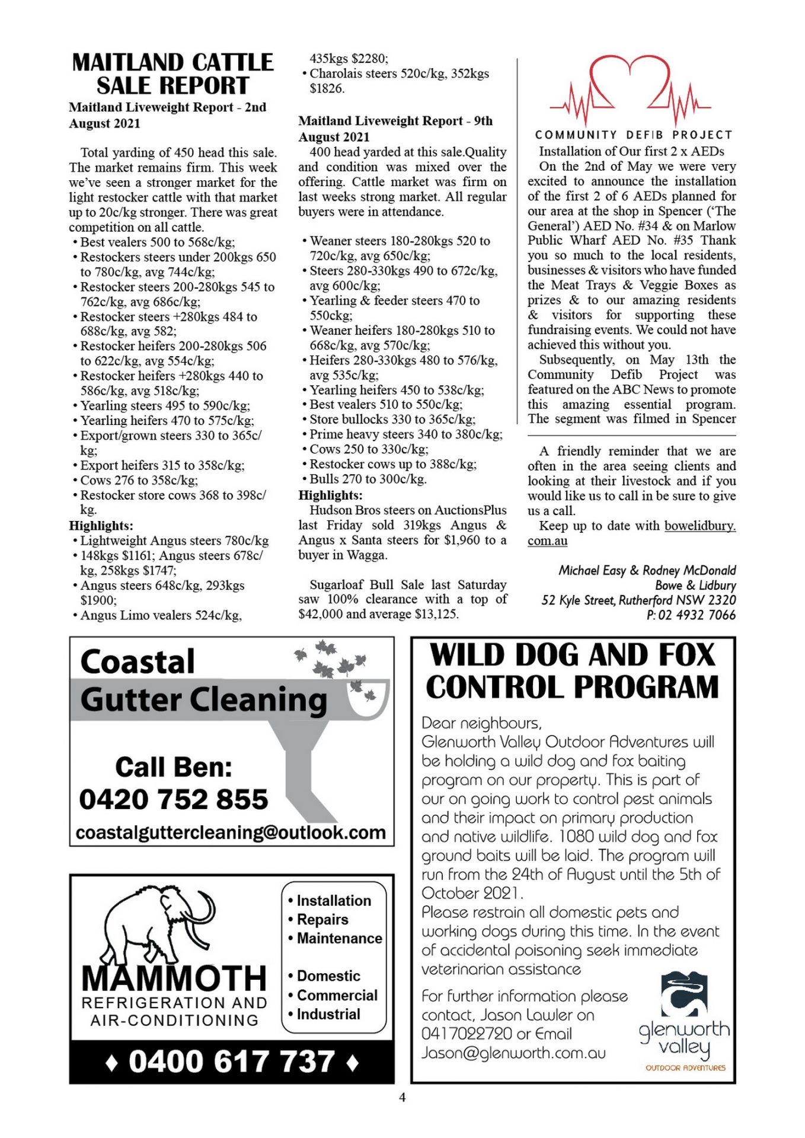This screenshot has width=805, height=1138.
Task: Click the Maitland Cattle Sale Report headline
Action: click(172, 73)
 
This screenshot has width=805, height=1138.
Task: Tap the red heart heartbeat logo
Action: click(630, 89)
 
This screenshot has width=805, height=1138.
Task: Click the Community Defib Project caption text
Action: click(633, 135)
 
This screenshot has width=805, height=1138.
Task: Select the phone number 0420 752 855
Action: click(173, 799)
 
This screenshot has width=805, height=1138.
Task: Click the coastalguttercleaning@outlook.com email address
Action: click(231, 832)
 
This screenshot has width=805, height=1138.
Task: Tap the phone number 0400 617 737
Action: click(232, 1062)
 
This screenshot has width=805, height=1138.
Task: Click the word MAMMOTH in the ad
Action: click(174, 978)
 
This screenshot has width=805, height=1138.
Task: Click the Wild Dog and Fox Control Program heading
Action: click(572, 671)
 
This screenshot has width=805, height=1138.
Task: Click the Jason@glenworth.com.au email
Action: click(513, 1053)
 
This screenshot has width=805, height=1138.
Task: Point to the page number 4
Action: click(402, 1097)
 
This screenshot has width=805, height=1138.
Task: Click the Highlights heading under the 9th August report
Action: click(330, 495)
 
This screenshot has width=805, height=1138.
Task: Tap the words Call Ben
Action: click(173, 767)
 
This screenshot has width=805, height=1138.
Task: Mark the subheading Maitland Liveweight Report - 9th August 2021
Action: click(395, 129)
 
